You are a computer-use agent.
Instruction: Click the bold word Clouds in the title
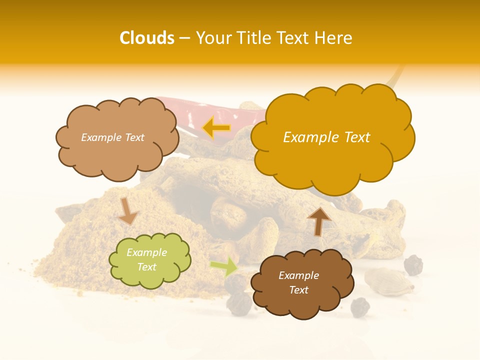pos(147,38)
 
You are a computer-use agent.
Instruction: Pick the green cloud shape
pos(149,260)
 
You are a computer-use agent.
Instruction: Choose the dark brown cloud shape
pos(302,283)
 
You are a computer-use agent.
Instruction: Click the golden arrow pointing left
pos(216,128)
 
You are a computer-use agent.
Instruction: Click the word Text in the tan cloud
pos(134,137)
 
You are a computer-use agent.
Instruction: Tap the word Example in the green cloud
pos(146,253)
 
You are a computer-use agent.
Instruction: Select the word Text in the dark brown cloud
pos(298,290)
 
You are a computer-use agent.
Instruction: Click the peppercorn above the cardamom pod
pos(413,264)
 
